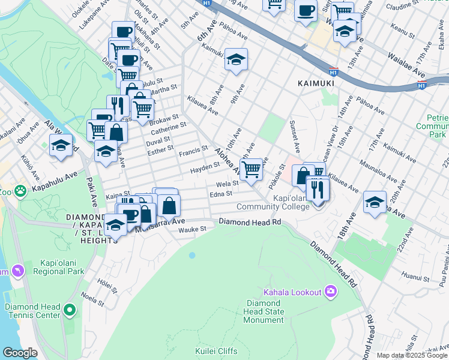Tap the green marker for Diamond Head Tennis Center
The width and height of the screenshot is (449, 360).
(70, 311)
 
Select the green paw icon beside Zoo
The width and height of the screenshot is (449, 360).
(21, 191)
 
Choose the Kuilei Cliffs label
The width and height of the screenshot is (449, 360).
(216, 351)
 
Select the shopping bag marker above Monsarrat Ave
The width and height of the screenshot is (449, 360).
(170, 205)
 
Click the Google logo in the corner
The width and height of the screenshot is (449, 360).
(20, 353)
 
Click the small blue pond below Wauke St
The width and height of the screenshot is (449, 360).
(192, 255)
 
